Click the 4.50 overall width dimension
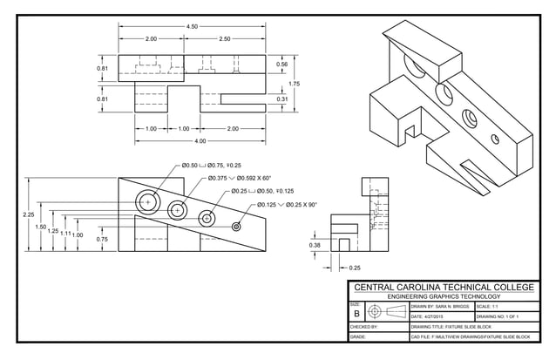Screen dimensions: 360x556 pos(192,27)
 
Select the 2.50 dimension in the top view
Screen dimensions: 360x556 pos(225,39)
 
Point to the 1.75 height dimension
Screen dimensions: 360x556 pos(294,84)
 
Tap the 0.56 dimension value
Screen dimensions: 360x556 pos(281,65)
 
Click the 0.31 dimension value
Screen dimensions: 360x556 pos(281,99)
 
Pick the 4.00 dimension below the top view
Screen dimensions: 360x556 pos(200,140)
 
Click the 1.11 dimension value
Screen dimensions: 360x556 pos(65,234)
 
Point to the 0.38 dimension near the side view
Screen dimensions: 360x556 pos(315,246)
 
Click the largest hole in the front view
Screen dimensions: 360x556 pos(148,201)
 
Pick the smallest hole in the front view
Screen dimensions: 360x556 pos(236,226)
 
